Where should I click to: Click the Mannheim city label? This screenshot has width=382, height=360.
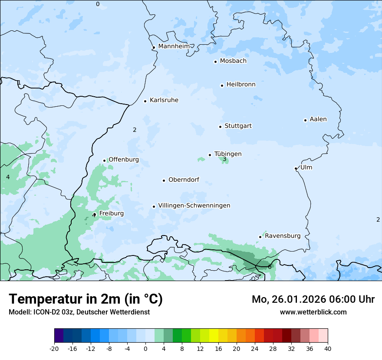coord(174,46)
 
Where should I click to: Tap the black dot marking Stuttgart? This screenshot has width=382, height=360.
coord(220,127)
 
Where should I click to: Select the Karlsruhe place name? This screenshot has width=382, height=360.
coord(164,100)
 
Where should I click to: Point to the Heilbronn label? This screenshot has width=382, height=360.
coord(241,85)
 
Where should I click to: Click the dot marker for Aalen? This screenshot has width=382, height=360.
coord(305,120)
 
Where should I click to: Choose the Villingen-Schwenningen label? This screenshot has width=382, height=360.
coord(194,206)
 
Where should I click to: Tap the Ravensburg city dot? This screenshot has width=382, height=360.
coord(260,237)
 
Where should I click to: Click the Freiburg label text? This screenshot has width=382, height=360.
coord(111,213)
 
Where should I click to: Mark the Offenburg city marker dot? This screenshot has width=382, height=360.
coord(104,160)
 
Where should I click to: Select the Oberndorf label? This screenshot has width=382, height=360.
coord(184,180)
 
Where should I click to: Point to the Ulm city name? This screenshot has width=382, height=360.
coord(306,167)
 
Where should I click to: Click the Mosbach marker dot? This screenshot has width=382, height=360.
coord(215,62)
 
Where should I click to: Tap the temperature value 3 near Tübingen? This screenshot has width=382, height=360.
coord(224,159)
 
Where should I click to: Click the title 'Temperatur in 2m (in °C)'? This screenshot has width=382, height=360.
coord(86,299)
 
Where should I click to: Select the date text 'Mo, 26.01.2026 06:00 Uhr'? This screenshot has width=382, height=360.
coord(313,299)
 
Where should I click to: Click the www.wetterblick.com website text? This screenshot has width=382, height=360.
coord(313,312)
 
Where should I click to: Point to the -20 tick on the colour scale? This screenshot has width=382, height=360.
coord(54,348)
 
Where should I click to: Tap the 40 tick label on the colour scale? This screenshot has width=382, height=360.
coord(328,348)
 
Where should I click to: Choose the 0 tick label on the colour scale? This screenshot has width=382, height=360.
coord(145,348)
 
